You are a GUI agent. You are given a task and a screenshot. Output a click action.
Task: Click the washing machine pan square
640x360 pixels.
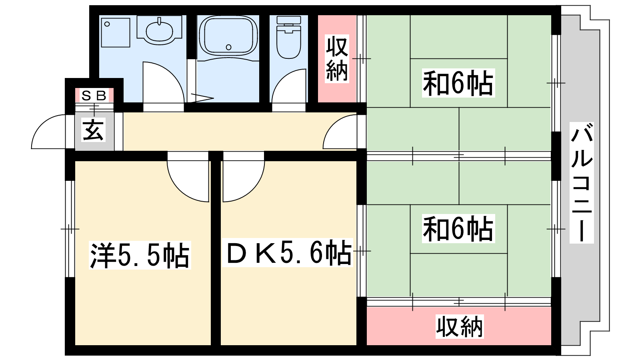115,32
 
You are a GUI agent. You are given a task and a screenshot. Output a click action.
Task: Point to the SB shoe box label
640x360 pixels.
94,96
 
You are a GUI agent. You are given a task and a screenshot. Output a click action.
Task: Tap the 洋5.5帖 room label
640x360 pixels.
140,255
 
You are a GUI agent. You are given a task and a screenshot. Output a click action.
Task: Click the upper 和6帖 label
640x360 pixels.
458,83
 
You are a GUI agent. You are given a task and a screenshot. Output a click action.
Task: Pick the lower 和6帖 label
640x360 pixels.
458,229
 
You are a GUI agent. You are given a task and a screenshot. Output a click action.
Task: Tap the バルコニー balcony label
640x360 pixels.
582,183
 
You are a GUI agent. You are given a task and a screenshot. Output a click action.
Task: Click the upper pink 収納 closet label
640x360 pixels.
337,59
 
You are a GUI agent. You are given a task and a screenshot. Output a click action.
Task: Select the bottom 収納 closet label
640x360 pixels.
459,327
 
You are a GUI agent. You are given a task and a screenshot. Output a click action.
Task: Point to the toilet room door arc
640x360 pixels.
288,86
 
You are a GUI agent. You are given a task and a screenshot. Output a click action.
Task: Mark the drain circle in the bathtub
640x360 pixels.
228,47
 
